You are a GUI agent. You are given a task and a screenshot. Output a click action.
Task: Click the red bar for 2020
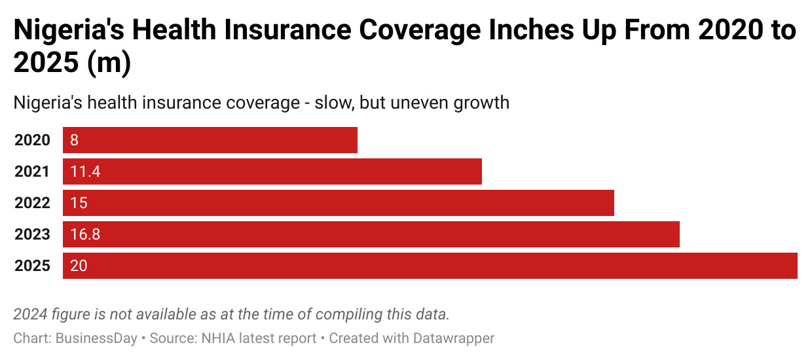210,140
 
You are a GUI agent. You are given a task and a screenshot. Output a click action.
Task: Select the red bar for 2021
272,171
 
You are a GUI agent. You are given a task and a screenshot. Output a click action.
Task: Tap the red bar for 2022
338,203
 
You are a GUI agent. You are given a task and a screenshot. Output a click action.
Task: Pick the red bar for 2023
371,234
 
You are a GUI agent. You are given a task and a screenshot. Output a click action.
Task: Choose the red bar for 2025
430,266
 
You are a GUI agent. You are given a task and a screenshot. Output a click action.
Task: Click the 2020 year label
32,140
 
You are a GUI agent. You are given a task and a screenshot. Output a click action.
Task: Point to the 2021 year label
32,171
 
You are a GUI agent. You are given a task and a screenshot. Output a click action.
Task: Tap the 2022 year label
32,203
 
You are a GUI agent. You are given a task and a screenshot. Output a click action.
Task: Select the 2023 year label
32,234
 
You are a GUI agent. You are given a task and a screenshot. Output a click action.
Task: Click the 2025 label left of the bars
32,266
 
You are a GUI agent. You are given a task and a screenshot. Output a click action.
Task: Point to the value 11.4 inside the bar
85,171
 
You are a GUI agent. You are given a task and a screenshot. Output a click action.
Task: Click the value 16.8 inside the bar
85,234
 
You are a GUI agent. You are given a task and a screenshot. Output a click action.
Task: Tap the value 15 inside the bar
79,203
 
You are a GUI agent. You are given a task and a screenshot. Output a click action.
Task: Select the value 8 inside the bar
75,140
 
